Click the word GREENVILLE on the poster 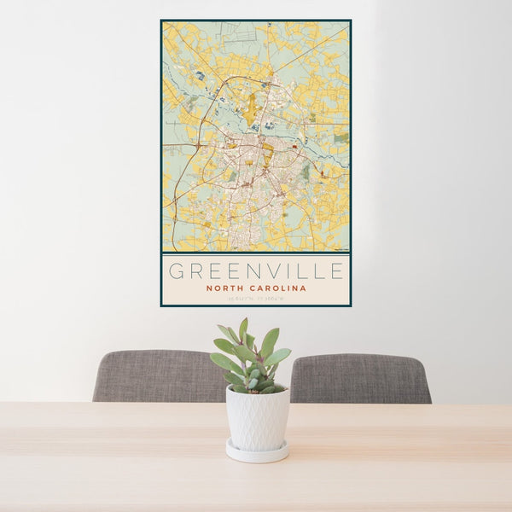pos(256,271)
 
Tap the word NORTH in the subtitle pos(224,288)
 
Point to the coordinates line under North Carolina pos(256,298)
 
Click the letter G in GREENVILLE pos(175,271)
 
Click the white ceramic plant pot pos(257,418)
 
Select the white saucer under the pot pos(257,452)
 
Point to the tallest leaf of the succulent pos(243,328)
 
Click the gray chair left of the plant pos(158,376)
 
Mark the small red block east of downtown pos(294,146)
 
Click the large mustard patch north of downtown pos(249,109)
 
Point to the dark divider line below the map pos(256,253)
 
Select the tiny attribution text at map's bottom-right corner pos(341,249)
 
